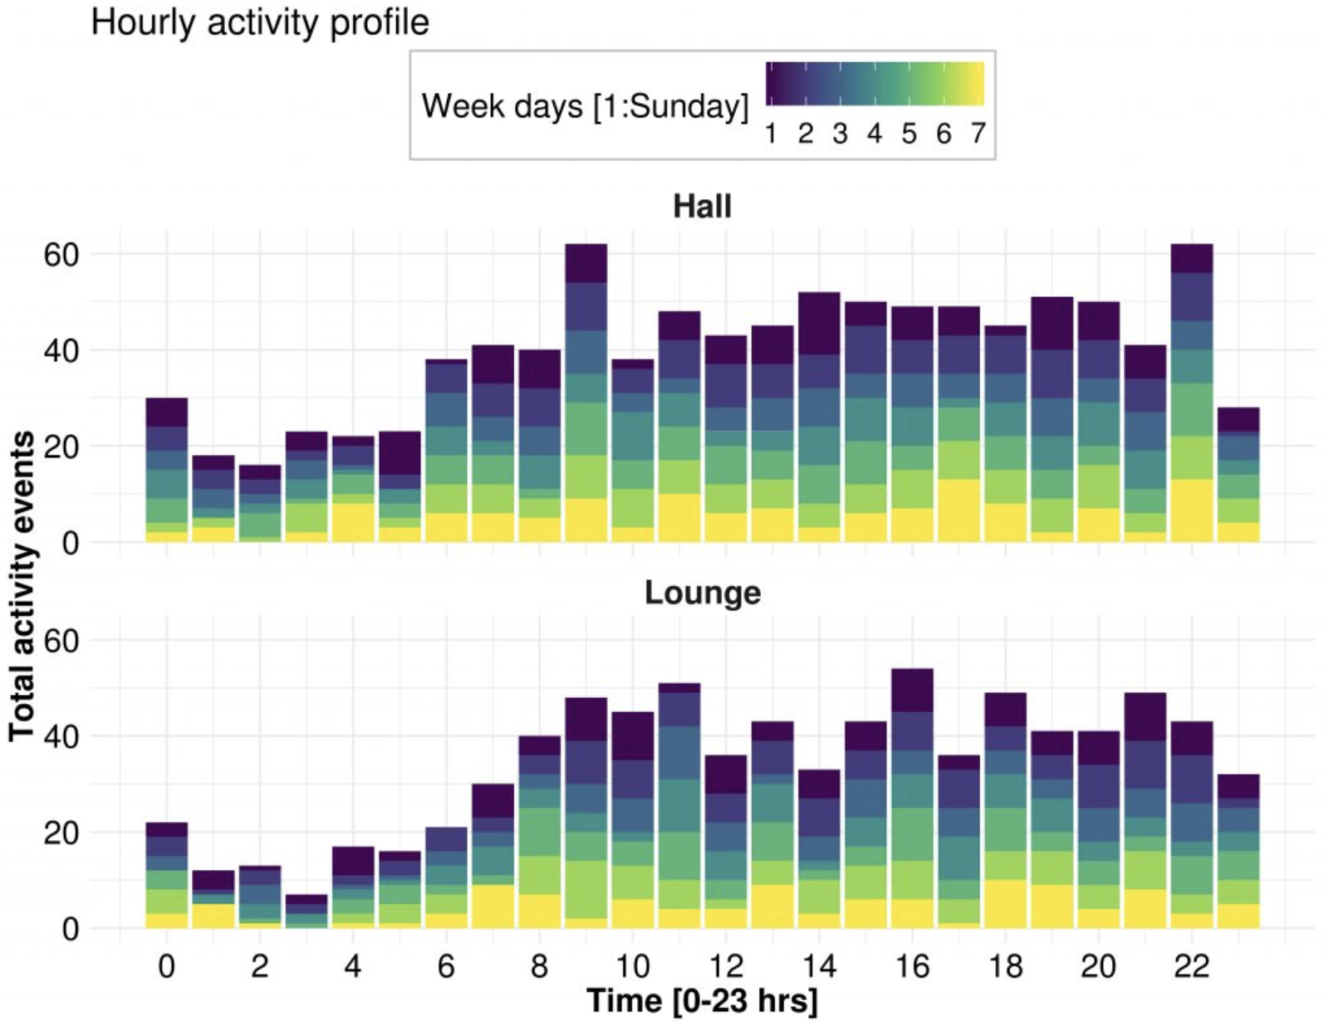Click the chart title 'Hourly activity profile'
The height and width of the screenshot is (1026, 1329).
click(x=259, y=22)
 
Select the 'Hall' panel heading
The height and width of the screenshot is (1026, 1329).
click(x=702, y=206)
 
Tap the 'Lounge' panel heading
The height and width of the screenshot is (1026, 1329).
click(x=703, y=593)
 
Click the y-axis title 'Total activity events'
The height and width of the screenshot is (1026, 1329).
click(x=22, y=585)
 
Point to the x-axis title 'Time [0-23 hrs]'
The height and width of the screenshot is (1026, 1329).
click(x=702, y=1000)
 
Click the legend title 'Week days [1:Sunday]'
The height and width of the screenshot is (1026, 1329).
click(x=585, y=106)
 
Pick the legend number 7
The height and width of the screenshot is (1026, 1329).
click(x=978, y=134)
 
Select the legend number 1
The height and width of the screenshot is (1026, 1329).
click(x=771, y=134)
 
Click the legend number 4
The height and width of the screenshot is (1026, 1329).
click(x=874, y=134)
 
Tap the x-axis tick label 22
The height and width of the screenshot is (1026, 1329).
click(x=1191, y=966)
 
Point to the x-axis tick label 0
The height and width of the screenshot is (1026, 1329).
click(x=166, y=966)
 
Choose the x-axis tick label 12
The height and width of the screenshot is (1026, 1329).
click(x=725, y=966)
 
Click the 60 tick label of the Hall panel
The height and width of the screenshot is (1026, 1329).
click(x=61, y=254)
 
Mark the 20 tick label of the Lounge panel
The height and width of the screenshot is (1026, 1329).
click(x=61, y=833)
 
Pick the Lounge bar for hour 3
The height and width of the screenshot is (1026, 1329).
click(x=307, y=911)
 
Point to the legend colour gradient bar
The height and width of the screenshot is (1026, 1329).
click(x=875, y=84)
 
